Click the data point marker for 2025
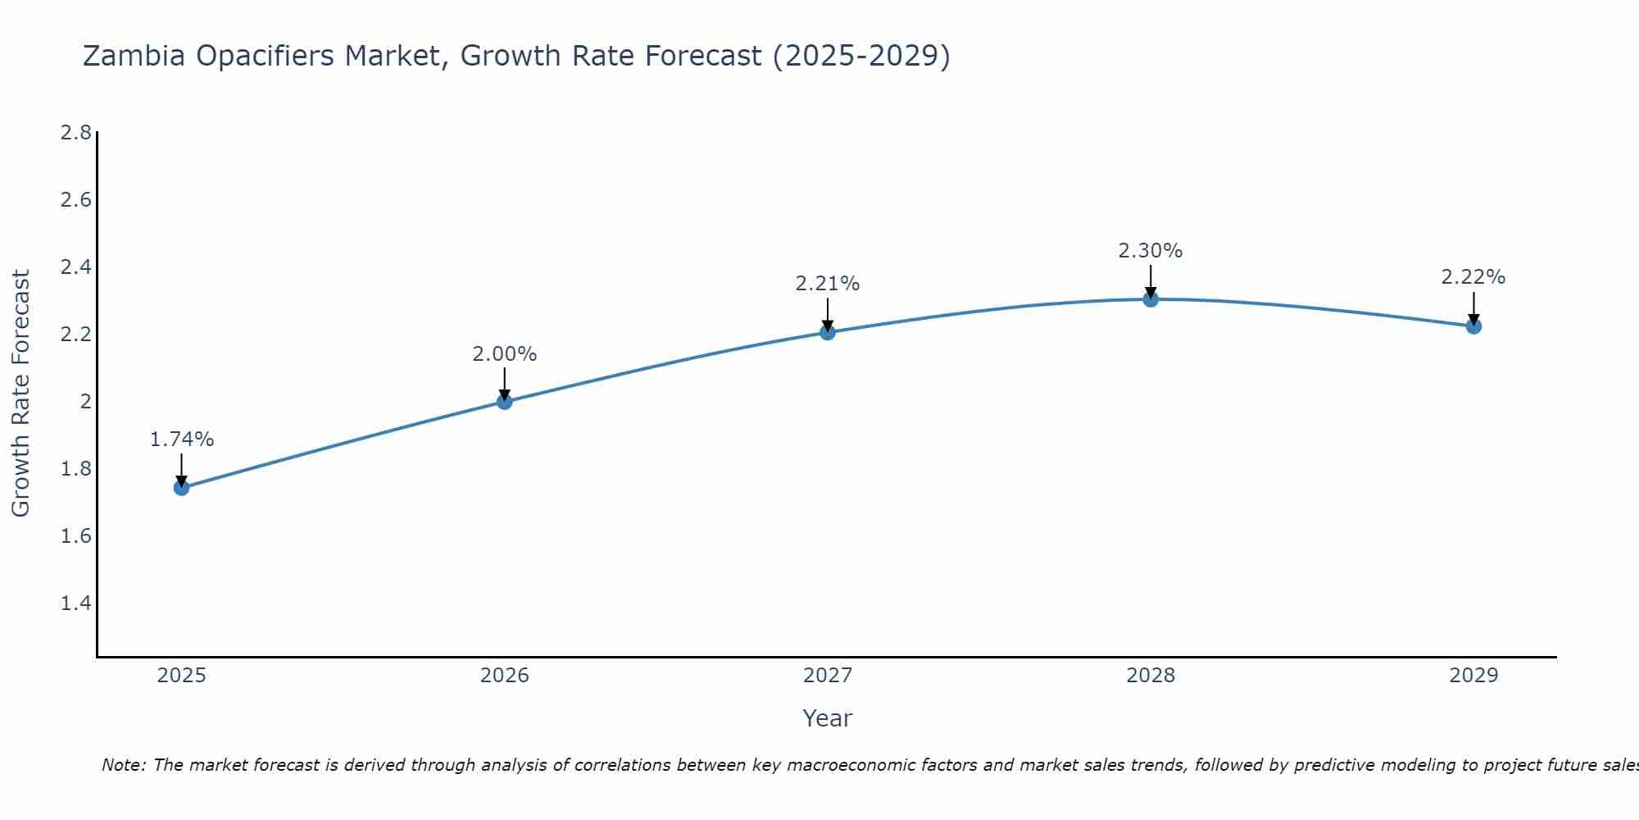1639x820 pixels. coord(182,488)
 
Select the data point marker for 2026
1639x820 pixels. coord(505,401)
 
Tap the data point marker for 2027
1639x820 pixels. coord(828,332)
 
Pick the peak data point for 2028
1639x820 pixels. coord(1151,299)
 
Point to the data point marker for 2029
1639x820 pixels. coord(1473,326)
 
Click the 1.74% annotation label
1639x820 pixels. coord(182,440)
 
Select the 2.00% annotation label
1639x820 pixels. coord(505,354)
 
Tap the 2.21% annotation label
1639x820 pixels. coord(828,284)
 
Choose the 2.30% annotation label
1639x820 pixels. coord(1151,251)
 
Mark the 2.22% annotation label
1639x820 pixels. coord(1473,277)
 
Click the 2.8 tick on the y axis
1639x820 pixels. coord(76,133)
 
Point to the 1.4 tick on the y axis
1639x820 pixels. coord(76,604)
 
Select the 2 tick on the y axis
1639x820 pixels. coord(85,402)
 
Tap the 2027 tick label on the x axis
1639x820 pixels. coord(828,676)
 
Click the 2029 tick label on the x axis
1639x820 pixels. coord(1473,676)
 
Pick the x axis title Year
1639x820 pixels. coord(828,718)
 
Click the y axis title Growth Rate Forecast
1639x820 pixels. coord(21,394)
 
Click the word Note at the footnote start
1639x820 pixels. coord(123,765)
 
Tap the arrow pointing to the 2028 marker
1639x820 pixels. coord(1151,281)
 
